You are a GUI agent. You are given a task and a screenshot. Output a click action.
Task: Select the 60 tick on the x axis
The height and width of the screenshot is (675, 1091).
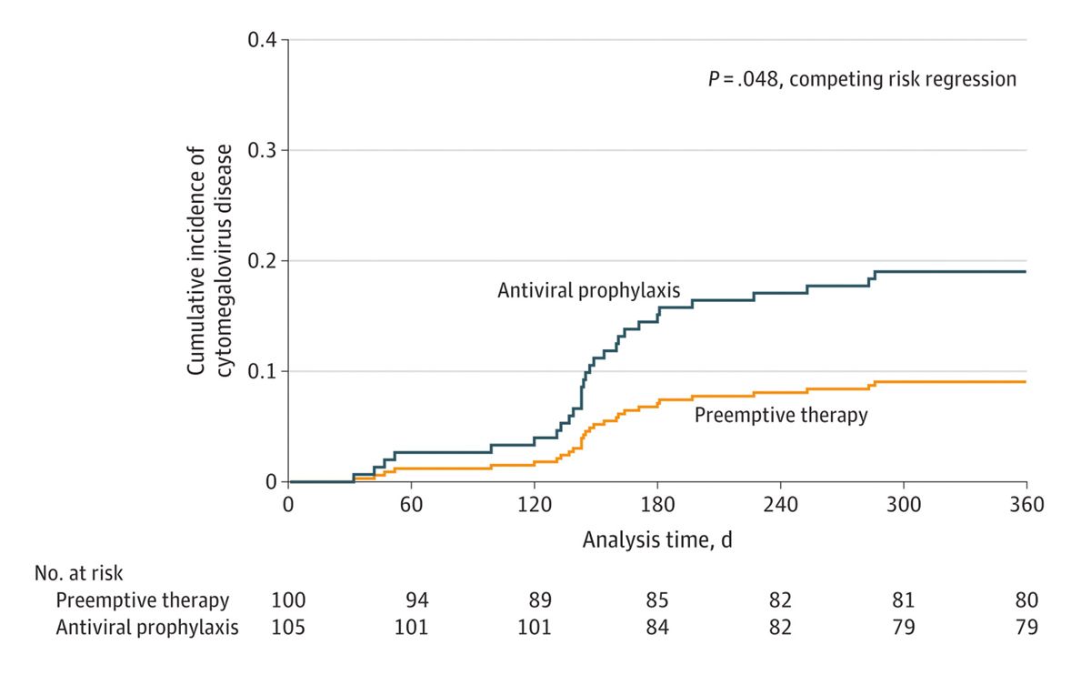click(x=411, y=505)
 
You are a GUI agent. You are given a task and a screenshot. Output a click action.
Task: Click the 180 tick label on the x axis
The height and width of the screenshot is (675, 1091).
click(x=657, y=505)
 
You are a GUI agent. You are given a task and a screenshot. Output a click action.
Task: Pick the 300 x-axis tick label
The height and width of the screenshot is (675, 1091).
click(x=904, y=505)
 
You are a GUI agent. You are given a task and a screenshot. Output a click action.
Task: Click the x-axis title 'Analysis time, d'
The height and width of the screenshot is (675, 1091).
click(x=657, y=540)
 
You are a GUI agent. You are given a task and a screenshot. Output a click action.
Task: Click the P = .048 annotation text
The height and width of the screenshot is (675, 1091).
click(x=862, y=79)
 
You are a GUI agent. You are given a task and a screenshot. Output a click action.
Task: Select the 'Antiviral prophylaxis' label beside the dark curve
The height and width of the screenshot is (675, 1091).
click(x=590, y=291)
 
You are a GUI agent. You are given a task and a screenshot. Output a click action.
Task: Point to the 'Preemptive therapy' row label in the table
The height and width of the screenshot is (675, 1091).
click(x=143, y=600)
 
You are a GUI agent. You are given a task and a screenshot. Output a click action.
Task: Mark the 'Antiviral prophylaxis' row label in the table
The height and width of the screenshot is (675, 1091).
click(x=147, y=628)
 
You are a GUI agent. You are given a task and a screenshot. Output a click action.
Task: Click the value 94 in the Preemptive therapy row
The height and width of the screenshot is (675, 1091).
click(x=416, y=600)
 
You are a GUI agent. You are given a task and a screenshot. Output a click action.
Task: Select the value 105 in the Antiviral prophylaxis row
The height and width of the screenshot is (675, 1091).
click(x=288, y=628)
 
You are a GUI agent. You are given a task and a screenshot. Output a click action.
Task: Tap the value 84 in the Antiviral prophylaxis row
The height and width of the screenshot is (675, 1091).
click(x=657, y=628)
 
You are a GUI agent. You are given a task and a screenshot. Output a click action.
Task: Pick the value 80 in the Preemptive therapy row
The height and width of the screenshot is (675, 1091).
click(x=1026, y=600)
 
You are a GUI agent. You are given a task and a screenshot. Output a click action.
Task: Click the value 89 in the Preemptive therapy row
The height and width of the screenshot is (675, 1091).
click(x=539, y=600)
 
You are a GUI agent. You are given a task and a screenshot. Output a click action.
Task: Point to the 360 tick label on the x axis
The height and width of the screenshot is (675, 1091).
click(x=1026, y=505)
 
